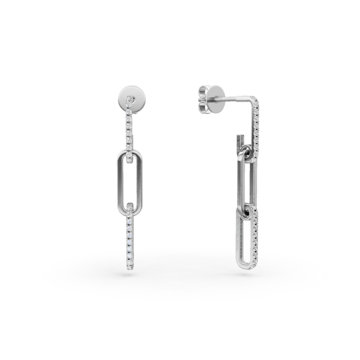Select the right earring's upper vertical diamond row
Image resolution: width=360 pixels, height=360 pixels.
click(x=258, y=126)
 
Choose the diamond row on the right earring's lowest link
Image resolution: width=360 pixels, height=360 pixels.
click(x=256, y=237)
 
